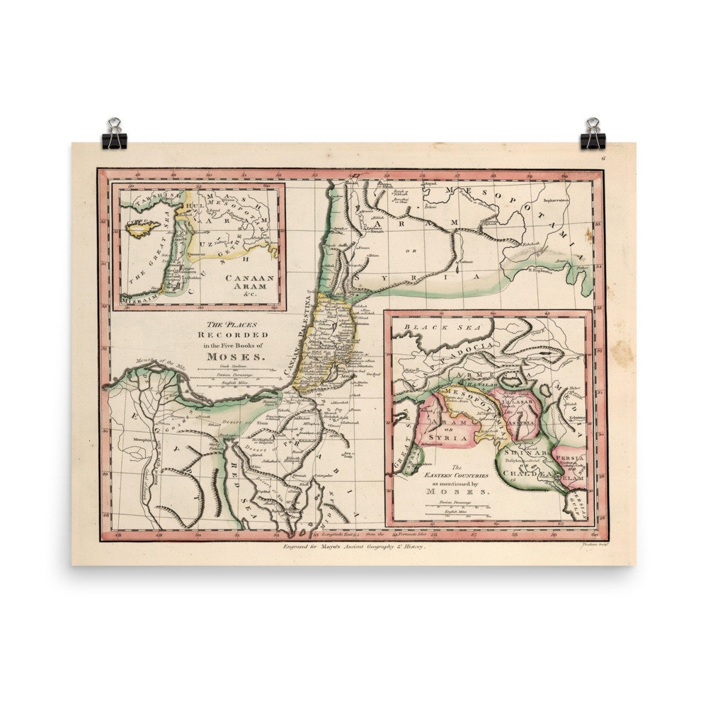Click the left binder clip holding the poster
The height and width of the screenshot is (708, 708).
tap(114, 135)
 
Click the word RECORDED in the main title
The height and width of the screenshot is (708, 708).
tap(233, 334)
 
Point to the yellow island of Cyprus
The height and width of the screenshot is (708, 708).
tap(144, 227)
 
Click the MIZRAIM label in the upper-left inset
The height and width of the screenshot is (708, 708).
tap(137, 301)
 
